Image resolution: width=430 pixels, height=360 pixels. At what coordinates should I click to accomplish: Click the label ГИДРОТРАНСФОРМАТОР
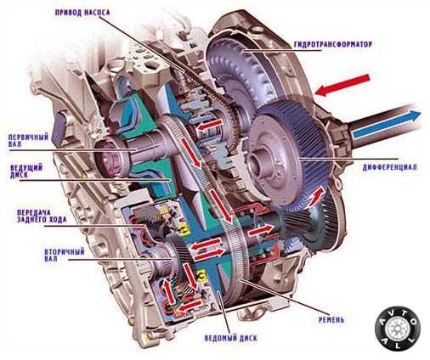click(x=332, y=45)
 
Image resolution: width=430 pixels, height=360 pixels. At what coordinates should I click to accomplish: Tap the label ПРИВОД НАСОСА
click(x=82, y=12)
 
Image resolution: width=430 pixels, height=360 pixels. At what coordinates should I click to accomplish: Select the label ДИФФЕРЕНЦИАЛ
click(x=390, y=167)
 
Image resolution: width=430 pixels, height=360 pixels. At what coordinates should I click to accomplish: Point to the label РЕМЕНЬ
click(x=331, y=320)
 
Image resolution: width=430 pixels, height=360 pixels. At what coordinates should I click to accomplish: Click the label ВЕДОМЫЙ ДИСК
click(x=230, y=338)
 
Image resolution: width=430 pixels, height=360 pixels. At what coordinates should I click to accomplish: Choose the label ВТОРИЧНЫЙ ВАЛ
click(x=65, y=256)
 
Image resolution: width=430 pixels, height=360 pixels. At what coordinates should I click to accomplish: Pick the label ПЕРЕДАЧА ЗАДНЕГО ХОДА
click(x=42, y=216)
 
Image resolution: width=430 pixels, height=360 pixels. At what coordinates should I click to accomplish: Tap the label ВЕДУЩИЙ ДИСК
click(x=26, y=172)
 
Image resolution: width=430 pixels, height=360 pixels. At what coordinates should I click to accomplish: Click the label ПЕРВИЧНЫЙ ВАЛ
click(x=28, y=141)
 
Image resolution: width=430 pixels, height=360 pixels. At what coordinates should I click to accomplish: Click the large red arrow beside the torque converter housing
click(x=342, y=85)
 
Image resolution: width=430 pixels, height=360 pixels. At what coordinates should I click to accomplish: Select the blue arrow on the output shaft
click(x=386, y=125)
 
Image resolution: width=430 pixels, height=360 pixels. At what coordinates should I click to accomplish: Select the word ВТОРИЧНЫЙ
click(x=65, y=252)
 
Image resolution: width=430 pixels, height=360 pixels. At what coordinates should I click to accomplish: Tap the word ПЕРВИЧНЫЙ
click(x=28, y=138)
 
